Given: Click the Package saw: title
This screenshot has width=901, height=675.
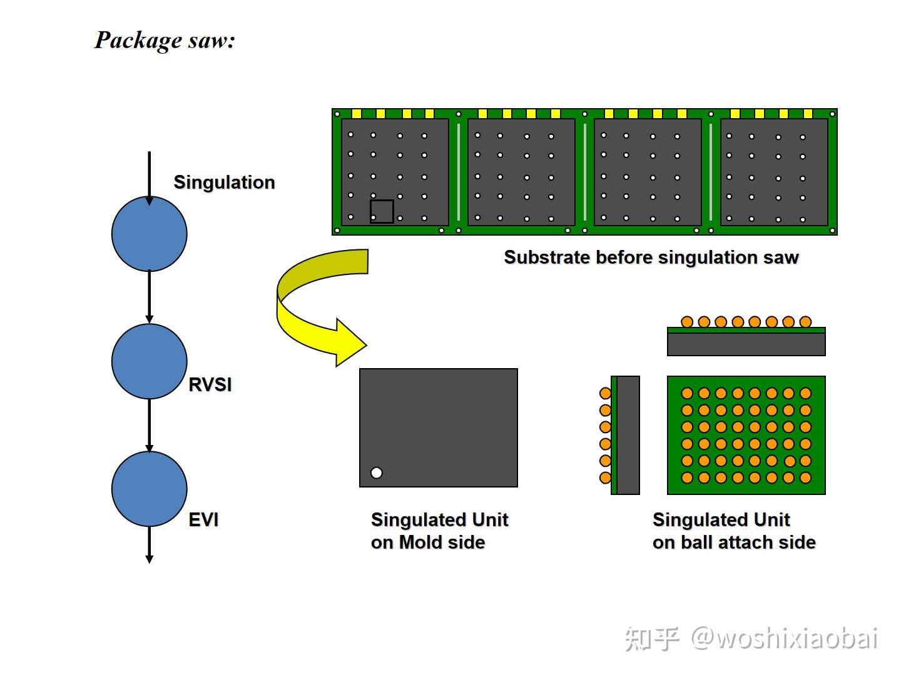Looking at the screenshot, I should click(x=165, y=41).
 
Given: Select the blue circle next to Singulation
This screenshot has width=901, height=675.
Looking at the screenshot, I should click(x=149, y=234).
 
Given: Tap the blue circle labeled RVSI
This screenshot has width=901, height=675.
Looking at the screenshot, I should click(x=149, y=361).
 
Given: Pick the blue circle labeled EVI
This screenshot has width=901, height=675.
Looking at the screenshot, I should click(x=149, y=489).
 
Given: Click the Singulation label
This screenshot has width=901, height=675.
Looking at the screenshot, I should click(x=224, y=182).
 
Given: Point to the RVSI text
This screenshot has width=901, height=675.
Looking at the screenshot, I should click(x=210, y=384).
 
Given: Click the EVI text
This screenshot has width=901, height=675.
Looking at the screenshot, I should click(x=203, y=520).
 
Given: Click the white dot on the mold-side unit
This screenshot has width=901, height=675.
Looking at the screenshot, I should click(x=376, y=473).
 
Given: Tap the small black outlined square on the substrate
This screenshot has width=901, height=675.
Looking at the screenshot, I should click(x=382, y=211).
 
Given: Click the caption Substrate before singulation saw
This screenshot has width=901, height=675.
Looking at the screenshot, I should click(x=651, y=257).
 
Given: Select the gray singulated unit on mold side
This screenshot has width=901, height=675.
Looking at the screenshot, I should click(x=438, y=427).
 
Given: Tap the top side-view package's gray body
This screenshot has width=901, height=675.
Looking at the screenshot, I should click(x=746, y=344).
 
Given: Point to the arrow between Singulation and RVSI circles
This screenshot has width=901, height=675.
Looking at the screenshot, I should click(x=149, y=297).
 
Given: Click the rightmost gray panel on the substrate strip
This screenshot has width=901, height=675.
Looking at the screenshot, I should click(x=774, y=172).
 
